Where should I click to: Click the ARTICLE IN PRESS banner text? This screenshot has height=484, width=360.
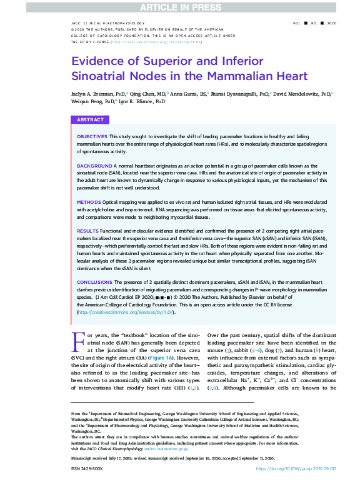pos(180,6)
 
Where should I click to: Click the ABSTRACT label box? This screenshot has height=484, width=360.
pos(91,119)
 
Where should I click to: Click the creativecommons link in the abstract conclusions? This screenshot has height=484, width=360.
pos(125,311)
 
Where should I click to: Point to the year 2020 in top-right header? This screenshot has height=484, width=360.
pos(330,22)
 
